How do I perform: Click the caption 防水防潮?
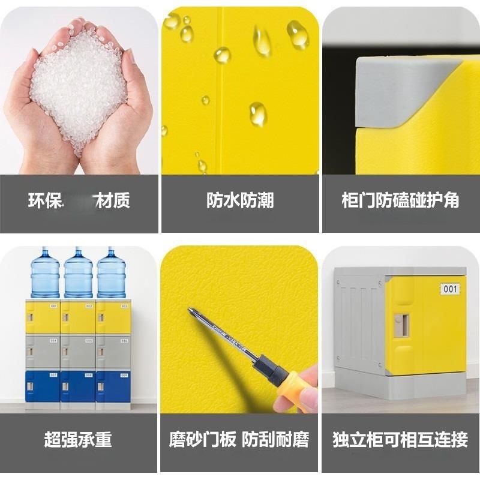240,200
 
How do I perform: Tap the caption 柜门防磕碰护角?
400,200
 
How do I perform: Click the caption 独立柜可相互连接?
400,440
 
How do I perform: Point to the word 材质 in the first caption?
113,200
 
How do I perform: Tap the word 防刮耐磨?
276,440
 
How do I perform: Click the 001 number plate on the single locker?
451,289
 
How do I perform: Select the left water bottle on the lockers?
45,273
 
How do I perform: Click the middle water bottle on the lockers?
79,273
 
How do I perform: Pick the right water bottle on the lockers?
112,273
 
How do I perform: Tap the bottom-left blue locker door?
43,386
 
